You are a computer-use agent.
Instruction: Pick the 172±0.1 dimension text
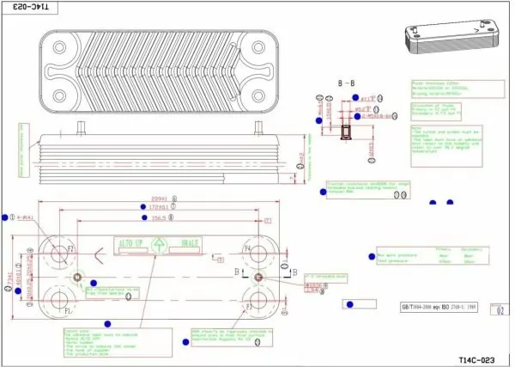[156, 207]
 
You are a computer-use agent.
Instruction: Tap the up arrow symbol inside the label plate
[159, 245]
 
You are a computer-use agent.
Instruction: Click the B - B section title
[348, 83]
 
